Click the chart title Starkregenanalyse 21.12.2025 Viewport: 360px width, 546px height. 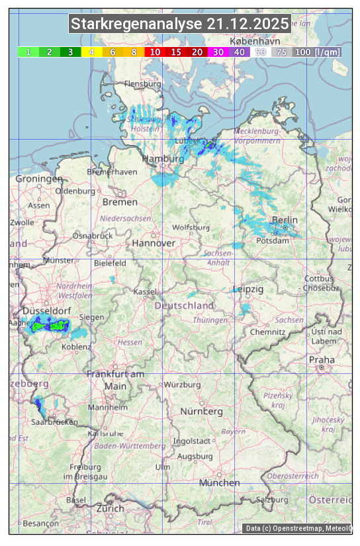(x=180, y=24)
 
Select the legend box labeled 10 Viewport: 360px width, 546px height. (x=155, y=52)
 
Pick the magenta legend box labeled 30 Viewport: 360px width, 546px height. (x=218, y=52)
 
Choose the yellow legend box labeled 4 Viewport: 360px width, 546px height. (x=92, y=52)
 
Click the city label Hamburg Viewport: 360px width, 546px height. (x=163, y=159)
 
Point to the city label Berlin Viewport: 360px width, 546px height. (x=285, y=220)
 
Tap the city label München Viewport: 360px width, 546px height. (x=219, y=483)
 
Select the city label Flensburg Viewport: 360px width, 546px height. (x=143, y=84)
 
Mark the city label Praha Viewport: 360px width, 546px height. (x=322, y=359)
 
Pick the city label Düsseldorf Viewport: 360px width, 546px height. (x=42, y=311)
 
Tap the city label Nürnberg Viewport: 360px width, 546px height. (x=202, y=411)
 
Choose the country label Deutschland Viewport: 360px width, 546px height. (x=184, y=306)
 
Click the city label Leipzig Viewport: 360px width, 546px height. (x=248, y=289)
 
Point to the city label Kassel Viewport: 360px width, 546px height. (x=145, y=292)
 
